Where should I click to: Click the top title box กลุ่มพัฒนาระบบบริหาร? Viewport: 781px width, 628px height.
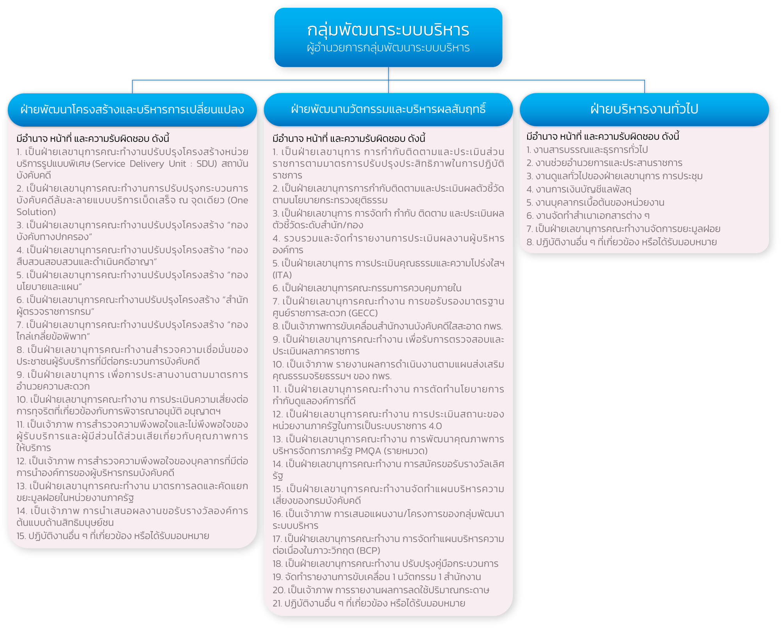point(388,37)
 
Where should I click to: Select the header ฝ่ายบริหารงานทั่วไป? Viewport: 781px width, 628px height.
point(644,109)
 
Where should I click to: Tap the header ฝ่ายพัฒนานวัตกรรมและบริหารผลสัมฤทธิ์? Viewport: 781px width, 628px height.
point(388,109)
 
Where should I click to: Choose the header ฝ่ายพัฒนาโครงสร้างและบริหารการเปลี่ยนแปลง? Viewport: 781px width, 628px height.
point(132,109)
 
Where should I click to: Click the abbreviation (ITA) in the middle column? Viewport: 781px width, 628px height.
point(282,275)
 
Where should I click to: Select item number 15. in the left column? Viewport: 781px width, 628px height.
point(21,536)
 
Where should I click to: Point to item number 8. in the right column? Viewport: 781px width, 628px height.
point(530,242)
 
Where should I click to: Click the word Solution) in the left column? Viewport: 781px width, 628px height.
point(36,212)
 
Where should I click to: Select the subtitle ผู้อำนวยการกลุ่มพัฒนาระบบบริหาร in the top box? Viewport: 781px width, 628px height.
point(388,48)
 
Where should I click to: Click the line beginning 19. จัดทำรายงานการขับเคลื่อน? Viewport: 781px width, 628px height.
point(377,577)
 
